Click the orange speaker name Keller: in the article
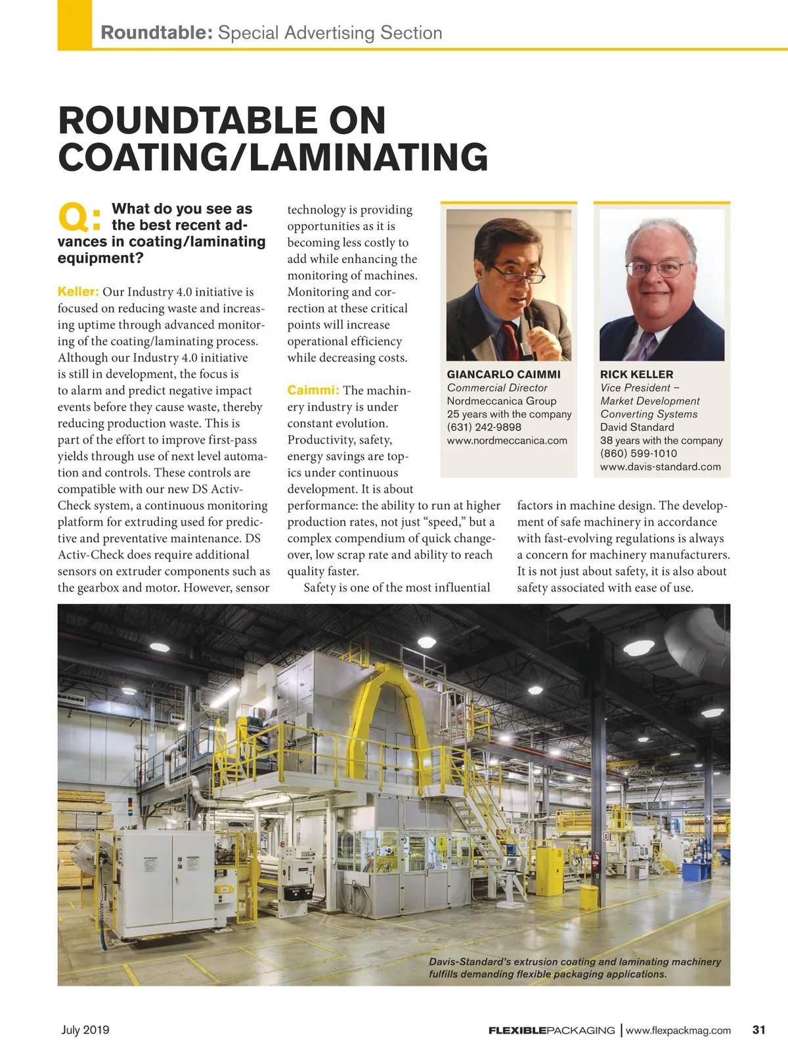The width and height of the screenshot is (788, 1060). [78, 292]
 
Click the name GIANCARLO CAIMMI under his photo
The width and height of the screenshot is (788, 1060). [504, 375]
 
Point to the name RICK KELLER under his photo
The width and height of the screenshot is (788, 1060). [636, 375]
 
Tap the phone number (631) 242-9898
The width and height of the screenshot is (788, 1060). [484, 427]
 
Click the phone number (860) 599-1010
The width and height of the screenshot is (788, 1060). [638, 453]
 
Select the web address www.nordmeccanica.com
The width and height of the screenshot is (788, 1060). [507, 440]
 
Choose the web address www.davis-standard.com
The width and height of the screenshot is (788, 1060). [660, 467]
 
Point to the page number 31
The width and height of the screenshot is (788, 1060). [758, 1030]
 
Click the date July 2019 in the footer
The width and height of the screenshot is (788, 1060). [85, 1030]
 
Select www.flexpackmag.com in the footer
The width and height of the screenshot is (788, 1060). [678, 1030]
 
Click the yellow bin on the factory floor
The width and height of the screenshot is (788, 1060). [588, 896]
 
